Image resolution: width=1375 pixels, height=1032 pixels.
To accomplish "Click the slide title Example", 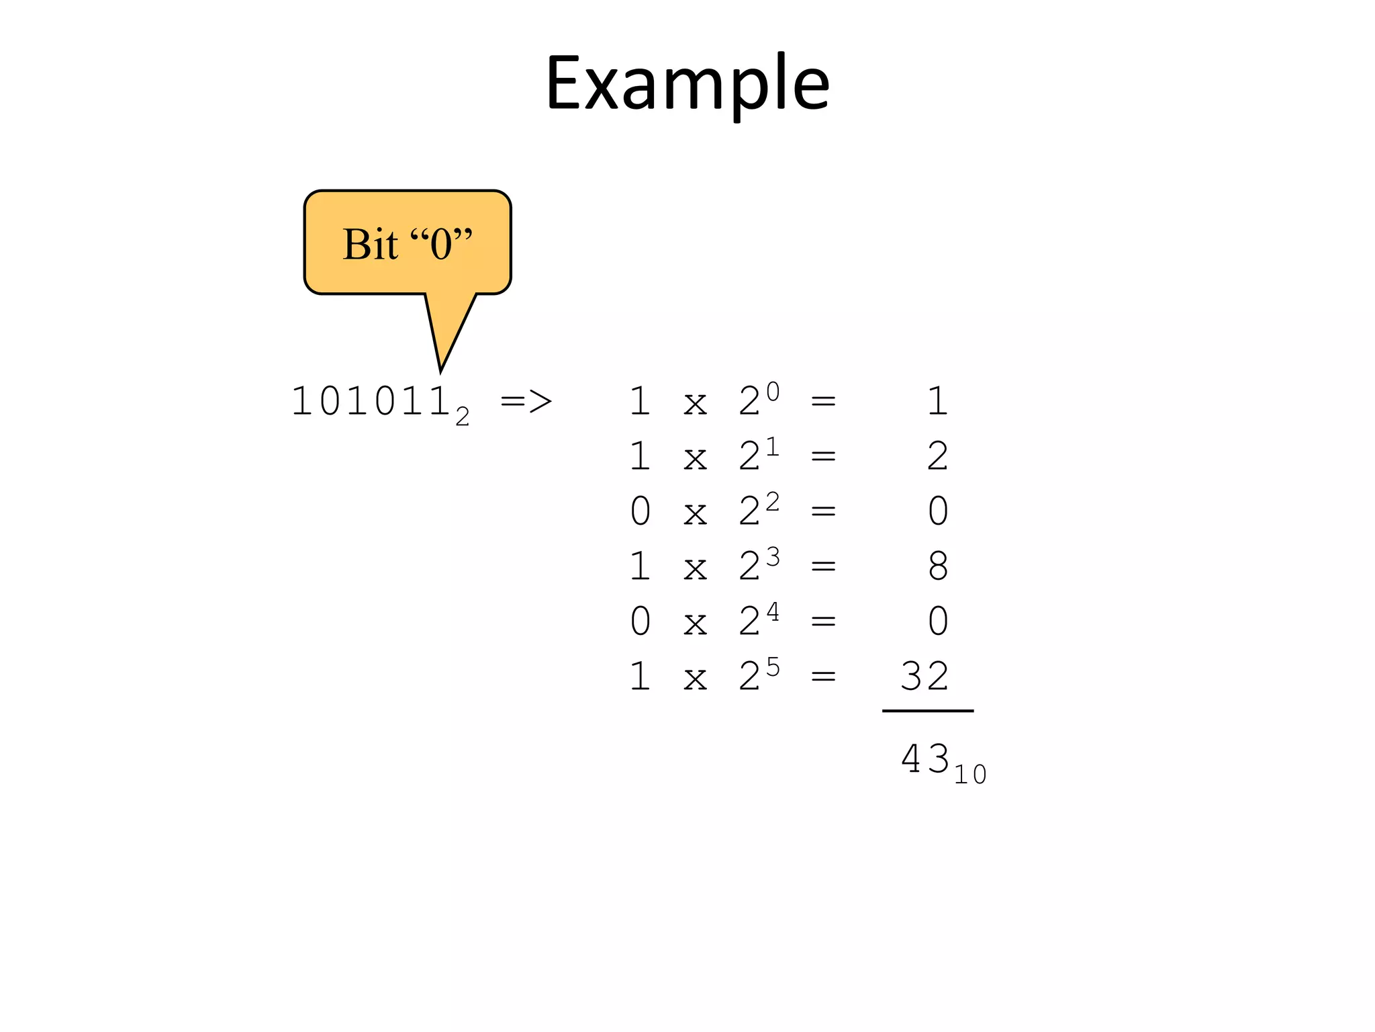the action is (x=687, y=83).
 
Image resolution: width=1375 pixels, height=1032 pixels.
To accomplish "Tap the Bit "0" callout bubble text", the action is (x=408, y=243).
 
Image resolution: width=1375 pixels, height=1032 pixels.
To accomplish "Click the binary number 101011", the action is (x=370, y=402).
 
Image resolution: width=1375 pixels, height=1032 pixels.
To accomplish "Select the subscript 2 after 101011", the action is (x=462, y=417).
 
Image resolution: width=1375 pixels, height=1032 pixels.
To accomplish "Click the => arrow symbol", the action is (x=526, y=402).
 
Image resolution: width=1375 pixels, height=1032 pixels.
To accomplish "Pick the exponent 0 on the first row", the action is (x=773, y=391).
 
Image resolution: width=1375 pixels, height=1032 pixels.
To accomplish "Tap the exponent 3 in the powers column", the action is (x=773, y=556).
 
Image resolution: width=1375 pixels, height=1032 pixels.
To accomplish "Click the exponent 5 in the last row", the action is (x=773, y=666).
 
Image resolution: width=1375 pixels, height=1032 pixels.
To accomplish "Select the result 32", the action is (x=924, y=676).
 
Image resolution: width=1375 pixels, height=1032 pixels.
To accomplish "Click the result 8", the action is (x=938, y=566).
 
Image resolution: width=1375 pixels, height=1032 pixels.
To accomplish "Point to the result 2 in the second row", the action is (x=938, y=456).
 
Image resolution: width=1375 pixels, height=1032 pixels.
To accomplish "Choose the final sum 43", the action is (x=924, y=759).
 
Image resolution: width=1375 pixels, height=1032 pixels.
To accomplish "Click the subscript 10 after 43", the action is (x=970, y=775).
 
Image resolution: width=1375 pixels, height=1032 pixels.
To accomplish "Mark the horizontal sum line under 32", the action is (x=927, y=710).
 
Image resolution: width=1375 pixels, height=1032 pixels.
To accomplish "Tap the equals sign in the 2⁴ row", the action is (x=823, y=621).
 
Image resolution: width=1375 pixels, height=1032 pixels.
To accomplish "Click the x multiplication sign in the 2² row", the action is (x=695, y=513).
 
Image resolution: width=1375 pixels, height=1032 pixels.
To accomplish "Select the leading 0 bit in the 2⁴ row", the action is (x=640, y=621).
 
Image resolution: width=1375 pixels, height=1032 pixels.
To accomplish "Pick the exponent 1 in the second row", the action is (x=773, y=446).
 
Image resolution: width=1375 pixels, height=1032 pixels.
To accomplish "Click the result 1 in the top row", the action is (x=938, y=401).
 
